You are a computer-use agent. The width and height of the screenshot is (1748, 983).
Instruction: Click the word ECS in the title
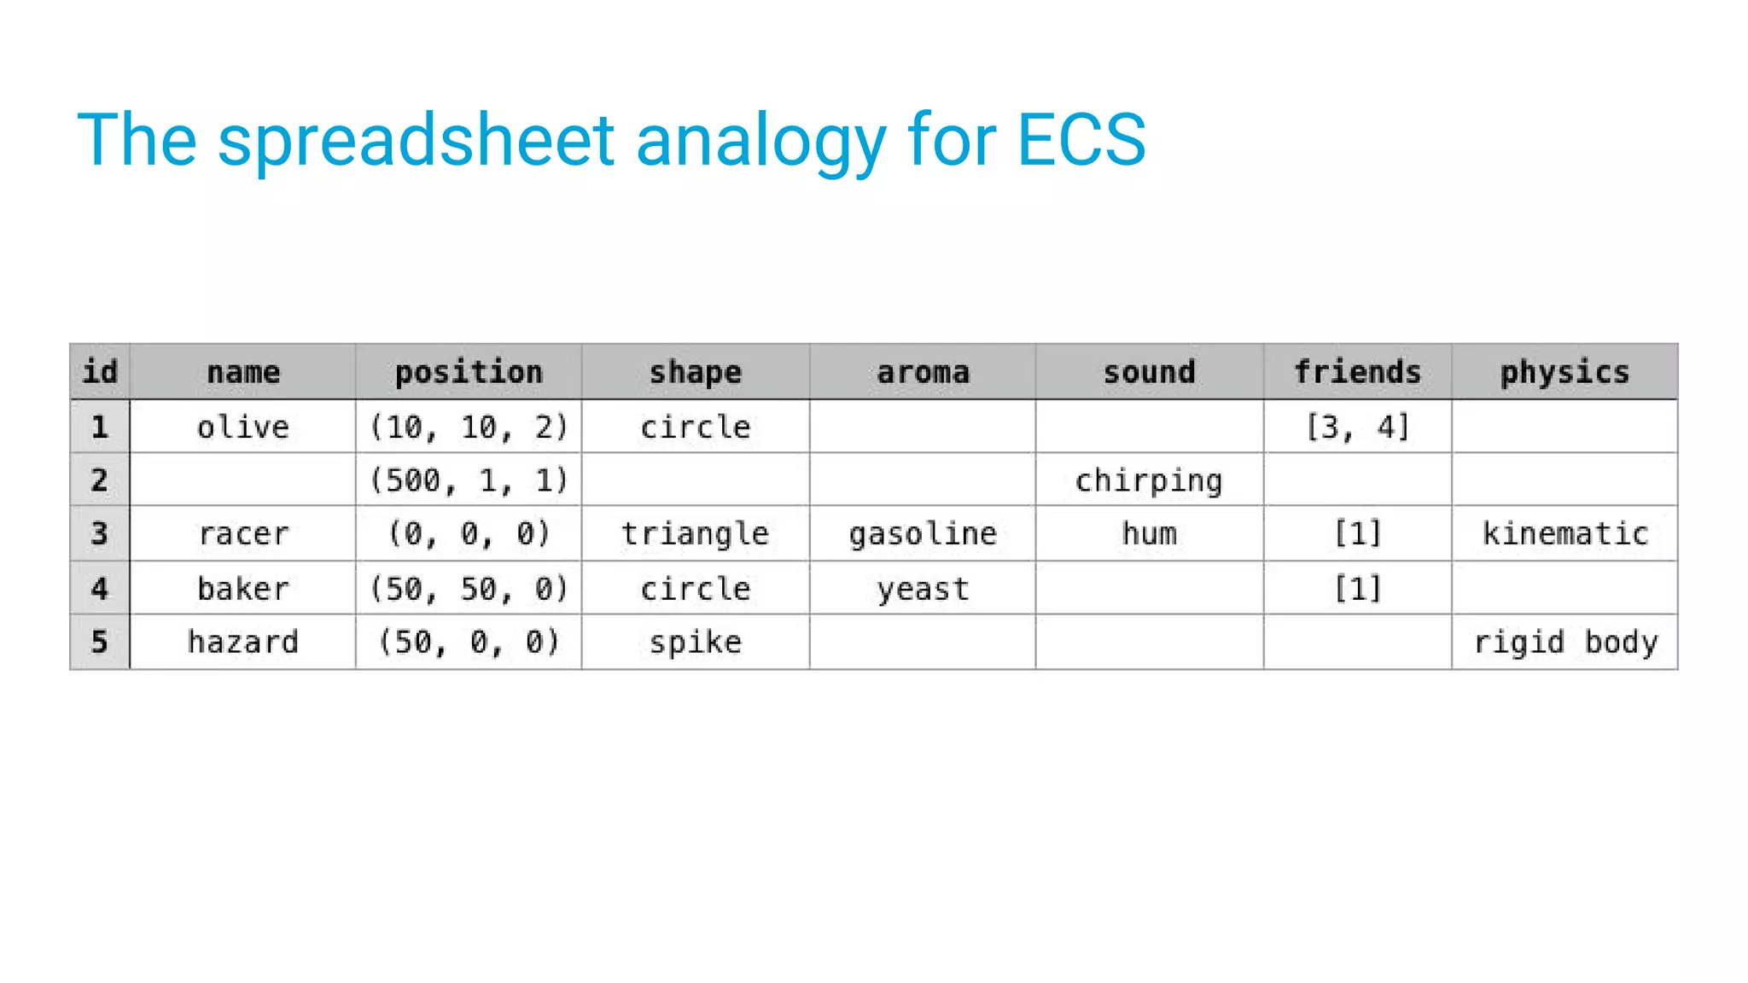1081,139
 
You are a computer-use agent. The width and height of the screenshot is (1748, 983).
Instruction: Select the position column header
469,372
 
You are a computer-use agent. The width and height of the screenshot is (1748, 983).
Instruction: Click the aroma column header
923,372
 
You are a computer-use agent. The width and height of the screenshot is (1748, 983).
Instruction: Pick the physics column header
1564,372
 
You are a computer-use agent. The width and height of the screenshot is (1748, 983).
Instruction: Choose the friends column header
1357,372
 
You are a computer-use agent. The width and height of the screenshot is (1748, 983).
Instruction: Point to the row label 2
100,480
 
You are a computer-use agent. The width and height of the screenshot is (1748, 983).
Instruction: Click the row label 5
100,642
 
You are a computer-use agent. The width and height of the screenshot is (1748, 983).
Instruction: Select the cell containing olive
243,427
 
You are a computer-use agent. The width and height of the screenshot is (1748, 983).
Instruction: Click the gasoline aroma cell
923,534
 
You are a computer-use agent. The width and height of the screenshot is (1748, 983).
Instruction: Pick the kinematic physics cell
1564,534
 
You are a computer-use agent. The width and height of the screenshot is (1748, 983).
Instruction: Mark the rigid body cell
1564,642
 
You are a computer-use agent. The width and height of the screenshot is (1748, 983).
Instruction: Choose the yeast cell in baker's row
923,589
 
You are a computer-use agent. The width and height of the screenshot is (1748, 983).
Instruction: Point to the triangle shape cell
695,534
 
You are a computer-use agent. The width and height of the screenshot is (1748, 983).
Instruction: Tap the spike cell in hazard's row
695,642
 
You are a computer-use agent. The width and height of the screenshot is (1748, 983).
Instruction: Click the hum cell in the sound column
1149,534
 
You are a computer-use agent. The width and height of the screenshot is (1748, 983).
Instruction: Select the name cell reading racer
243,534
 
